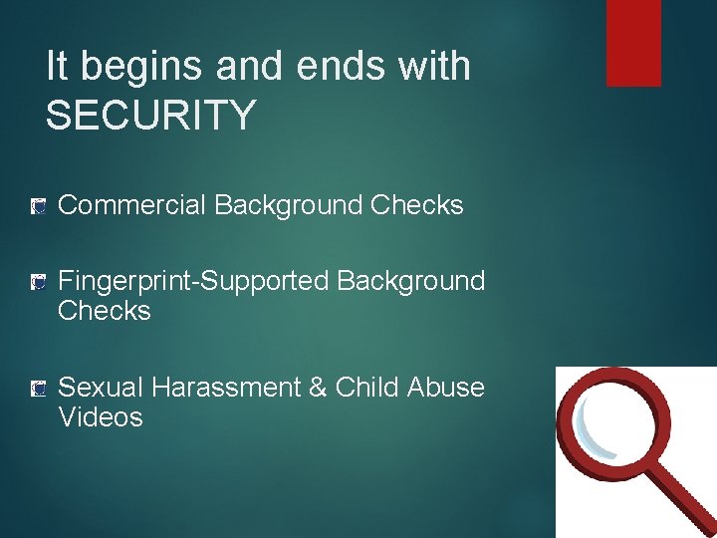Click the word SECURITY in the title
(150, 116)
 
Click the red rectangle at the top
(633, 43)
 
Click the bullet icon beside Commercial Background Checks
(38, 206)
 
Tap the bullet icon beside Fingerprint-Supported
(38, 283)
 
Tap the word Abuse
(446, 387)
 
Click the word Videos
(101, 416)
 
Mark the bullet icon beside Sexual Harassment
(38, 388)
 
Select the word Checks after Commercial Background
(416, 205)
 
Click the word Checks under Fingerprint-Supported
(105, 311)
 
